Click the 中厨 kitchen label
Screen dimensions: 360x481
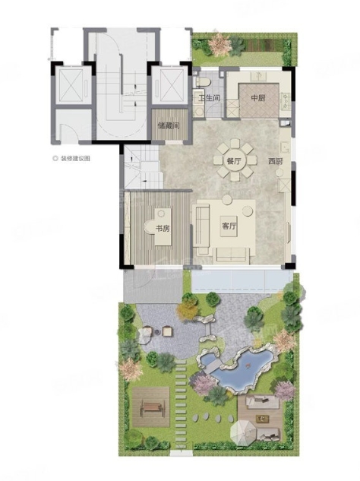point(258,98)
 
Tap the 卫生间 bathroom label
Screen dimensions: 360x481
point(209,99)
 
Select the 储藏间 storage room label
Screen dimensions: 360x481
point(169,126)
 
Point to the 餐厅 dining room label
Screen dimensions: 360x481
point(234,161)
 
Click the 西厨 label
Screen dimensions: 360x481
point(276,161)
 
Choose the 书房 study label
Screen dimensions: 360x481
point(163,229)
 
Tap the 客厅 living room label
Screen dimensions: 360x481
point(229,226)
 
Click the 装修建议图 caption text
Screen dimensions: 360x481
point(75,159)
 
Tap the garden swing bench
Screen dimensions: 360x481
point(152,407)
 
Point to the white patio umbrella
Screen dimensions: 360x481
point(244,432)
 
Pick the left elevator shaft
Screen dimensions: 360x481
point(71,85)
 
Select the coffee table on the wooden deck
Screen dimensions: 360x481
point(262,418)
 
